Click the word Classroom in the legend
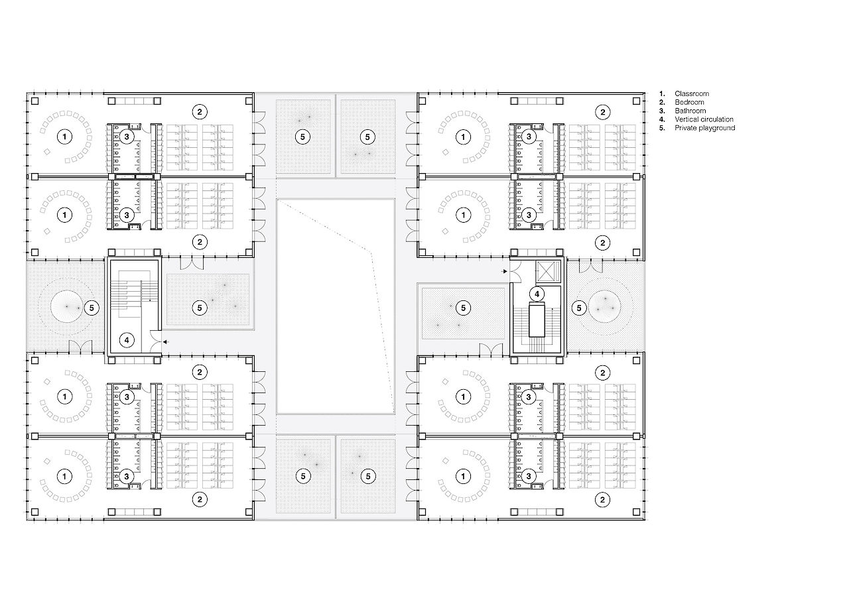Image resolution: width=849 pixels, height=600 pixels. coord(691,93)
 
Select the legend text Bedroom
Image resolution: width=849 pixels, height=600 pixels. coord(689,102)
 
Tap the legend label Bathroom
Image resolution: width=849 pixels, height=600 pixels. coord(690,111)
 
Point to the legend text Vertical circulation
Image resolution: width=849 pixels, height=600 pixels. coord(704,119)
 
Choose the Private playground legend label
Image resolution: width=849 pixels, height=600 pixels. coord(704,128)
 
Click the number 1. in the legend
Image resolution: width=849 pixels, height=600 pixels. coord(662,93)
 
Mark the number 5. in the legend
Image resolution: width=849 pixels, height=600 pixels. coord(662,128)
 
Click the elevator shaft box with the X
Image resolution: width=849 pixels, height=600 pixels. coord(547,271)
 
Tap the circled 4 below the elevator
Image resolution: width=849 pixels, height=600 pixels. coord(537,294)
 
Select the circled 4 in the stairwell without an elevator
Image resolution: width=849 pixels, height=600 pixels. coord(127,340)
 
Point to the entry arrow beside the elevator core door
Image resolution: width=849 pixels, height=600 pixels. coord(505,271)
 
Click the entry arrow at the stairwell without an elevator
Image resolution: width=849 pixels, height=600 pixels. coord(166,342)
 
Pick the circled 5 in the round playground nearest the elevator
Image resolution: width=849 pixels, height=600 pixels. coord(579,308)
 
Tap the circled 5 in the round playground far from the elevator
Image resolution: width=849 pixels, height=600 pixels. coord(92,308)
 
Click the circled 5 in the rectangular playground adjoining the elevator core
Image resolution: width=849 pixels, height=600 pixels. coord(463,308)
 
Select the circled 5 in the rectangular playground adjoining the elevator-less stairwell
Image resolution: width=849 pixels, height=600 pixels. coord(200,308)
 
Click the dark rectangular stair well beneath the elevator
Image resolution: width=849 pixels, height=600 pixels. coord(537,319)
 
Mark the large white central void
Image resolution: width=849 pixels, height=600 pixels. coord(336,306)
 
